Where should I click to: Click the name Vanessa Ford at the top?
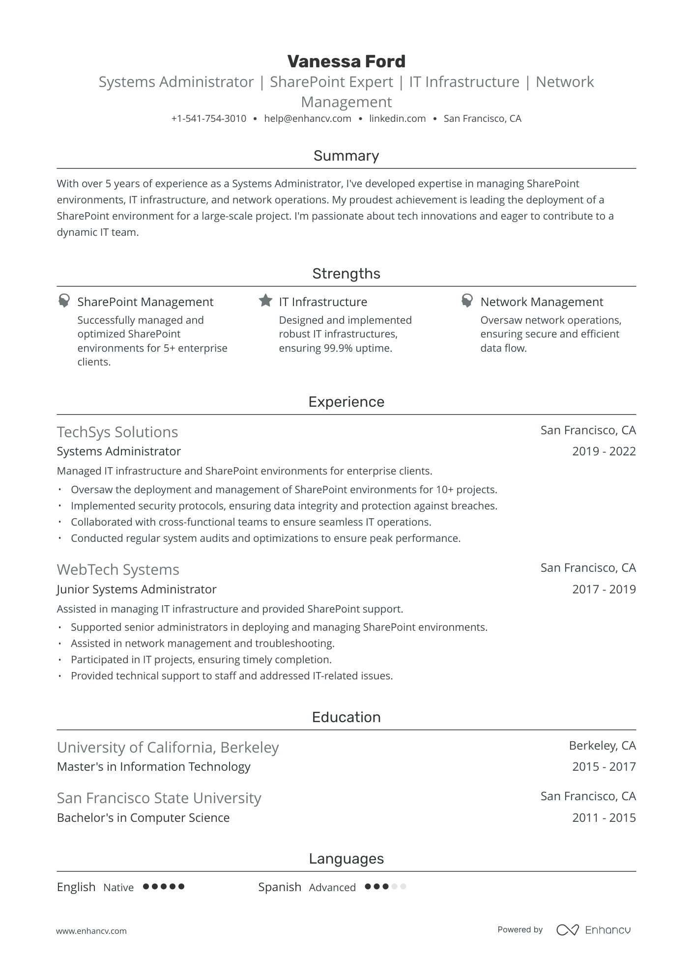point(346,61)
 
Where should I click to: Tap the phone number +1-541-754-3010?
point(208,118)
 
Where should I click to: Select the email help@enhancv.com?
point(307,118)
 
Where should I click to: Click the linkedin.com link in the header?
point(397,118)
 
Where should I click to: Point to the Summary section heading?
point(346,156)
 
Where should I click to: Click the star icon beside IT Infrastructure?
point(265,301)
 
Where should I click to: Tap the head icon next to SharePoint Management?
point(64,301)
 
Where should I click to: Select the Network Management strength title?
point(542,302)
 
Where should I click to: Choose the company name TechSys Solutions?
point(117,432)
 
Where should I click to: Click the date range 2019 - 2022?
point(604,451)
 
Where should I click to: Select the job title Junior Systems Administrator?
point(136,589)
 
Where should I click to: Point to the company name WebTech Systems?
point(118,569)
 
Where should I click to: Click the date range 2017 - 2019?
point(604,589)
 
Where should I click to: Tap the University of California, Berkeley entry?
point(168,747)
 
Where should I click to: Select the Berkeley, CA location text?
point(602,746)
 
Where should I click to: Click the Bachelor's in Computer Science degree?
point(143,817)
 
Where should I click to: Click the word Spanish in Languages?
point(280,887)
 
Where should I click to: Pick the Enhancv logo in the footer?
point(593,929)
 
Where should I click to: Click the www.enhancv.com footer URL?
point(91,930)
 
